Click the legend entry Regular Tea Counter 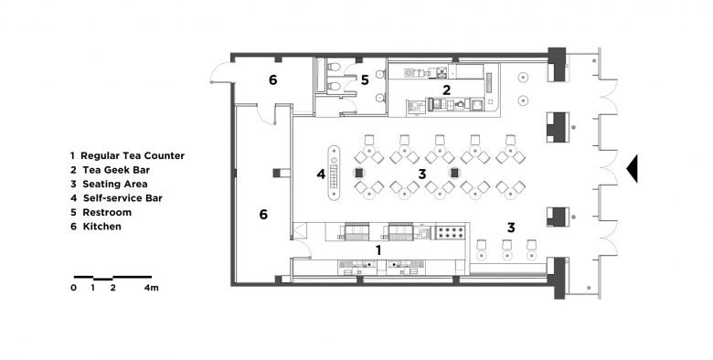(x=127, y=155)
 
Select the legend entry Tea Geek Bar (x=110, y=170)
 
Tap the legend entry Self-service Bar (x=116, y=198)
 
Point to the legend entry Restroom (x=101, y=212)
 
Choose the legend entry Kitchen (x=96, y=227)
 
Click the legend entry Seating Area (x=109, y=184)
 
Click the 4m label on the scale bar (x=152, y=288)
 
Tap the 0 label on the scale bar (x=74, y=288)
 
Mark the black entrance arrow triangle (x=632, y=168)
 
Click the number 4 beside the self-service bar (x=321, y=174)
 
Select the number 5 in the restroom (x=365, y=80)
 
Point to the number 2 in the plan (x=446, y=90)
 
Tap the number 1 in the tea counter (x=378, y=250)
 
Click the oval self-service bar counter (x=335, y=173)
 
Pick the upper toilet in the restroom (x=334, y=68)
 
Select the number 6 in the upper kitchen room (x=272, y=80)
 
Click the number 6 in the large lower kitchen (x=263, y=215)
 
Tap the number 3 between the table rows (x=422, y=174)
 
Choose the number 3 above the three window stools (x=511, y=228)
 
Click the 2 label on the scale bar (x=112, y=288)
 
